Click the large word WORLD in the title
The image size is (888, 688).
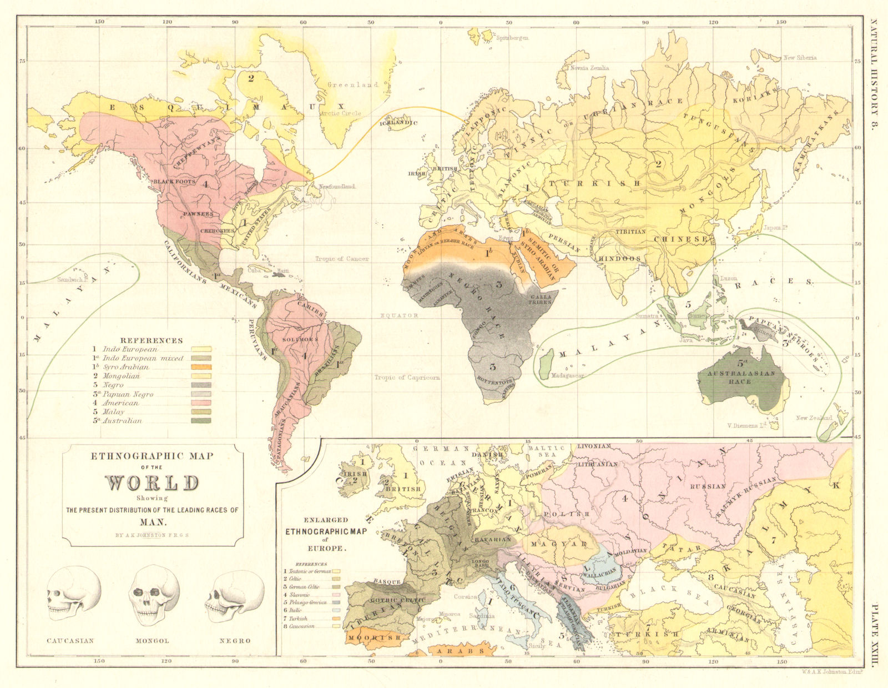pyautogui.click(x=152, y=483)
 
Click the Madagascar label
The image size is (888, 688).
pyautogui.click(x=567, y=376)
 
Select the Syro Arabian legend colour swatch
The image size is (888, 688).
pyautogui.click(x=201, y=367)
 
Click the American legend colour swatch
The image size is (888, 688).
pyautogui.click(x=201, y=403)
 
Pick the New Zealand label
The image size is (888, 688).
pyautogui.click(x=814, y=418)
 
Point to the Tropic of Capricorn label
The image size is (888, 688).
pyautogui.click(x=407, y=378)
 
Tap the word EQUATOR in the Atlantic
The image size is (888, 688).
pyautogui.click(x=398, y=315)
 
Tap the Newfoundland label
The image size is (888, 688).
pyautogui.click(x=337, y=187)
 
